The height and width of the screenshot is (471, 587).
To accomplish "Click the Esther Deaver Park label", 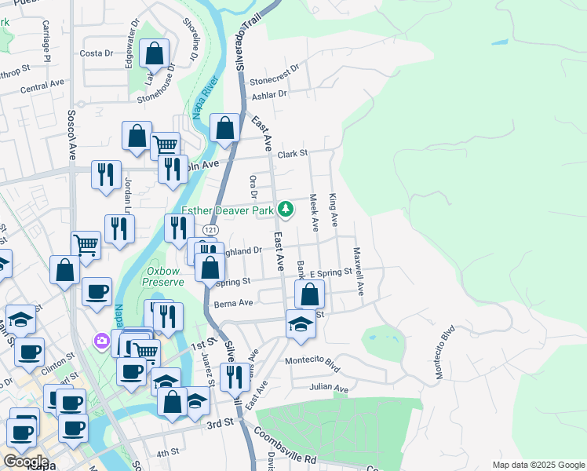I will click(227, 210).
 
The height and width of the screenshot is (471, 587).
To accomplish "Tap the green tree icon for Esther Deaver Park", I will click(286, 210).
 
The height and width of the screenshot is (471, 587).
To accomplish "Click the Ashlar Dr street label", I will click(269, 95).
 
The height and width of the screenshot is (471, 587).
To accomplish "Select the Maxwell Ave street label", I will click(358, 272).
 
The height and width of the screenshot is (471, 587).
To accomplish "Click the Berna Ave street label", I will click(233, 303).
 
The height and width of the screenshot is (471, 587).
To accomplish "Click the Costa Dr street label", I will click(97, 53).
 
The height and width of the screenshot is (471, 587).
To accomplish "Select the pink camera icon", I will click(101, 341).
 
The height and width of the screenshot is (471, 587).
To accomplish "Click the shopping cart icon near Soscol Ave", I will click(86, 245).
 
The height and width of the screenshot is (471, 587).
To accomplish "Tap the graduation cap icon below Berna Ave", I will click(301, 324).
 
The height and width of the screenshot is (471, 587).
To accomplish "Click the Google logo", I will click(26, 462).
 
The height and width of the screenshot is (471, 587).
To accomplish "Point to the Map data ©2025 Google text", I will click(538, 465).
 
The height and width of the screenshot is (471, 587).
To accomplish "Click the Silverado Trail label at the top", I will click(249, 43).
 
